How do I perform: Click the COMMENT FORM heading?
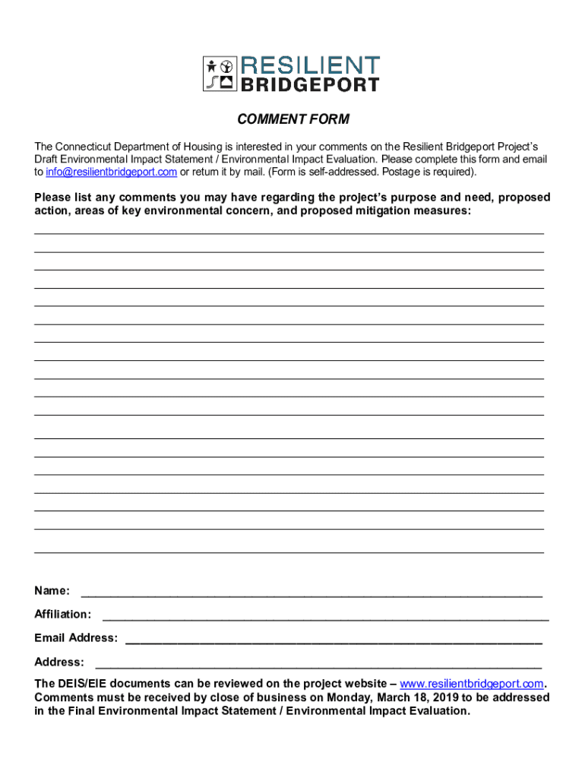292,119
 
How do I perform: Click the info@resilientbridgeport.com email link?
111,172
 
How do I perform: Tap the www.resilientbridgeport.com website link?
472,683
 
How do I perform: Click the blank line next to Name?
311,593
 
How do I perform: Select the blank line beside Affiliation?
325,617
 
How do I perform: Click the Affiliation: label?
63,614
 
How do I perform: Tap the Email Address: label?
76,637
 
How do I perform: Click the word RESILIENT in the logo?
310,65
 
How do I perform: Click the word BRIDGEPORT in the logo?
310,84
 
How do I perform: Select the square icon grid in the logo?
220,74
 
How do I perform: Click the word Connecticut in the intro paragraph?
90,146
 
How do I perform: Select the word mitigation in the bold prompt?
383,210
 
